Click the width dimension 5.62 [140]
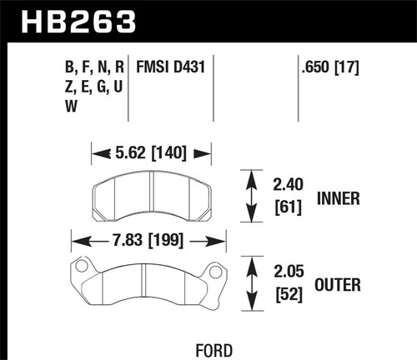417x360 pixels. pyautogui.click(x=151, y=152)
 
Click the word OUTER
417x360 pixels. pyautogui.click(x=339, y=287)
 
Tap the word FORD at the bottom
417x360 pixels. pyautogui.click(x=208, y=350)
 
